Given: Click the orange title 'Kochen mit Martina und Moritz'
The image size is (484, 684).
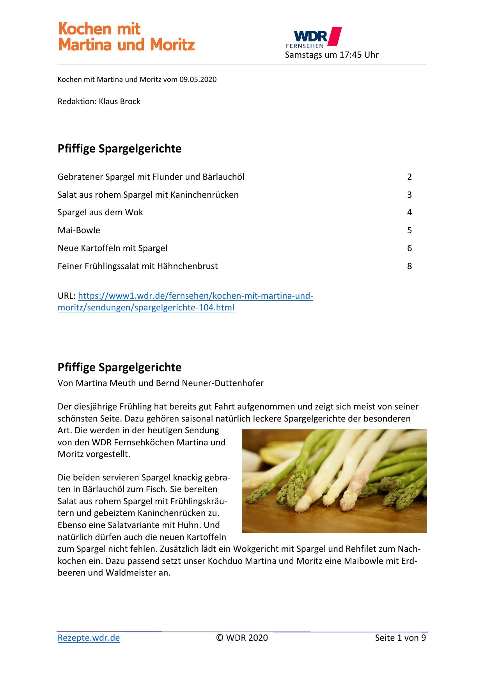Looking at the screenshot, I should click(126, 37).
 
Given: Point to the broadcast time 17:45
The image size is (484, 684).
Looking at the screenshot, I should click(351, 55).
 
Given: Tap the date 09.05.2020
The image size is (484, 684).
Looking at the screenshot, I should click(198, 80).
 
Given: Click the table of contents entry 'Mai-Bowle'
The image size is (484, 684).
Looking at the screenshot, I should click(79, 230).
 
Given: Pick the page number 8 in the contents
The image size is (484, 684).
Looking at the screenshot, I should click(410, 266).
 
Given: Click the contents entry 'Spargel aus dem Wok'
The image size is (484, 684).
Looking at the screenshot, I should click(100, 212).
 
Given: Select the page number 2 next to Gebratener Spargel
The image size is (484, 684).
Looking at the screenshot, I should click(410, 177).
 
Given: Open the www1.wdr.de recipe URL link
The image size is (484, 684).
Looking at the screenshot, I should click(185, 301).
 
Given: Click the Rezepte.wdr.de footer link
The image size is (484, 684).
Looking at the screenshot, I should click(89, 638).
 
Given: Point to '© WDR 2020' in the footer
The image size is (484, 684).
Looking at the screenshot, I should click(242, 638).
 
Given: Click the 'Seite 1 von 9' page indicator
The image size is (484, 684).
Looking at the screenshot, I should click(400, 638).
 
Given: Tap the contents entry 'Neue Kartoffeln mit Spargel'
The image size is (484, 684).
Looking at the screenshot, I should click(112, 248).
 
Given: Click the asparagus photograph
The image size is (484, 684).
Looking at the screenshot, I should click(334, 481).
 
